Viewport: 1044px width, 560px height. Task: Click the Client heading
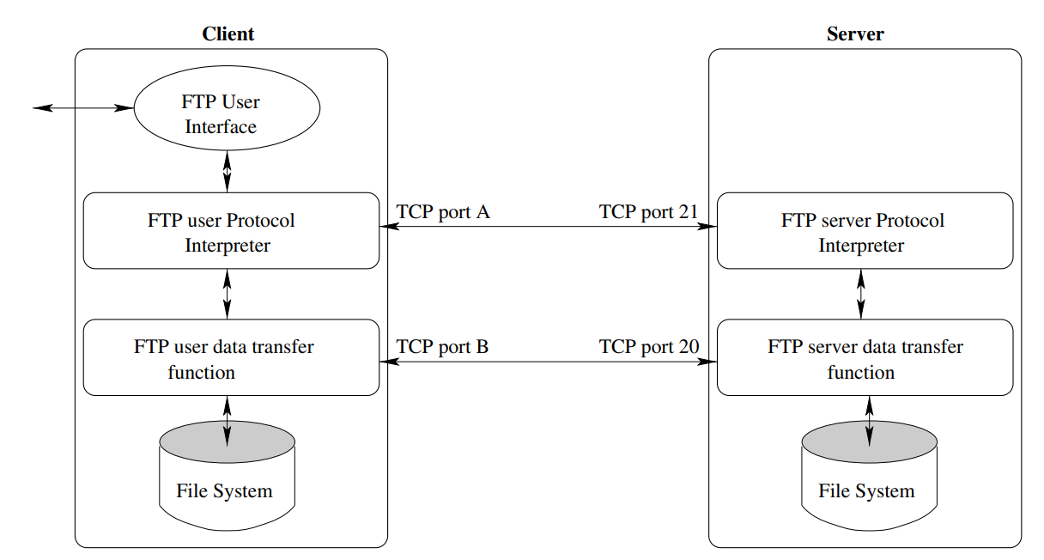(x=228, y=34)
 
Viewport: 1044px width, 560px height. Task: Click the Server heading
(x=855, y=34)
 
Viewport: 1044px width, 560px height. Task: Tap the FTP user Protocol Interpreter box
(x=230, y=231)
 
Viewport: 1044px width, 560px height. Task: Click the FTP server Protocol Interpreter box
(x=865, y=231)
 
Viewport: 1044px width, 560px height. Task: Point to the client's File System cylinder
(x=227, y=481)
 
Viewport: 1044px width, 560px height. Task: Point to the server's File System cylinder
(x=868, y=481)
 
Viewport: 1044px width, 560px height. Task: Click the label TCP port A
(x=443, y=212)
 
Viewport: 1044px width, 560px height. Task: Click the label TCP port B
(x=443, y=348)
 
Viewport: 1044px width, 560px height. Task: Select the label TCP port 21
(x=648, y=212)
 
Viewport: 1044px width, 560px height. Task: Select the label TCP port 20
(x=648, y=348)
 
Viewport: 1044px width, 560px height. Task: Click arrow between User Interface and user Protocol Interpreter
(x=227, y=171)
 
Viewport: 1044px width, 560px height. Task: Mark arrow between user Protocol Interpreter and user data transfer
(x=227, y=295)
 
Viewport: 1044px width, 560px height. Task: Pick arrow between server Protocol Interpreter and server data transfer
(x=861, y=295)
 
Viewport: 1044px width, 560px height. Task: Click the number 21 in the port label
(x=687, y=212)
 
